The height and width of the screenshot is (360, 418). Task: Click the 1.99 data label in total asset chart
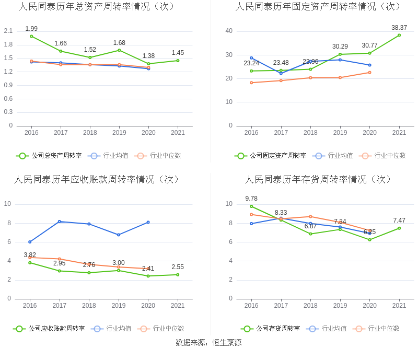[x=31, y=28]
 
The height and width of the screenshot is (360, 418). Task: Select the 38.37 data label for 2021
[x=399, y=27]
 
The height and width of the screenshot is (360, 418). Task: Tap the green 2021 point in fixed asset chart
[x=399, y=35]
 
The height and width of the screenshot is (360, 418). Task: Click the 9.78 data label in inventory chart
[x=251, y=199]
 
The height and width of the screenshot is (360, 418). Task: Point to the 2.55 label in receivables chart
[x=178, y=267]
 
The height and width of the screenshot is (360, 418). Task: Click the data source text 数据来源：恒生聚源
[x=208, y=343]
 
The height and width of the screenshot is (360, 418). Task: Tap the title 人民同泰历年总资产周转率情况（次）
[x=97, y=7]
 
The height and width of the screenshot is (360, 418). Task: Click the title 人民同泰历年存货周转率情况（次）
[x=319, y=179]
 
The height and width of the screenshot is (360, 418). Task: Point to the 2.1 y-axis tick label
[x=8, y=31]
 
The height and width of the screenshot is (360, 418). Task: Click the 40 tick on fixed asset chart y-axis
[x=229, y=31]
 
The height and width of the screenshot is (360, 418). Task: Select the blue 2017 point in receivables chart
[x=60, y=222]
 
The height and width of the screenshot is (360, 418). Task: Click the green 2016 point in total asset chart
[x=31, y=36]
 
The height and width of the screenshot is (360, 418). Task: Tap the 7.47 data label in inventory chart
[x=399, y=220]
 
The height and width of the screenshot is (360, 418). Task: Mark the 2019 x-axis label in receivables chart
[x=119, y=306]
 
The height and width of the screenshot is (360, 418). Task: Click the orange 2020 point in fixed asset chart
[x=369, y=72]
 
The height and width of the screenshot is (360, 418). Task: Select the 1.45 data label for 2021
[x=178, y=53]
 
